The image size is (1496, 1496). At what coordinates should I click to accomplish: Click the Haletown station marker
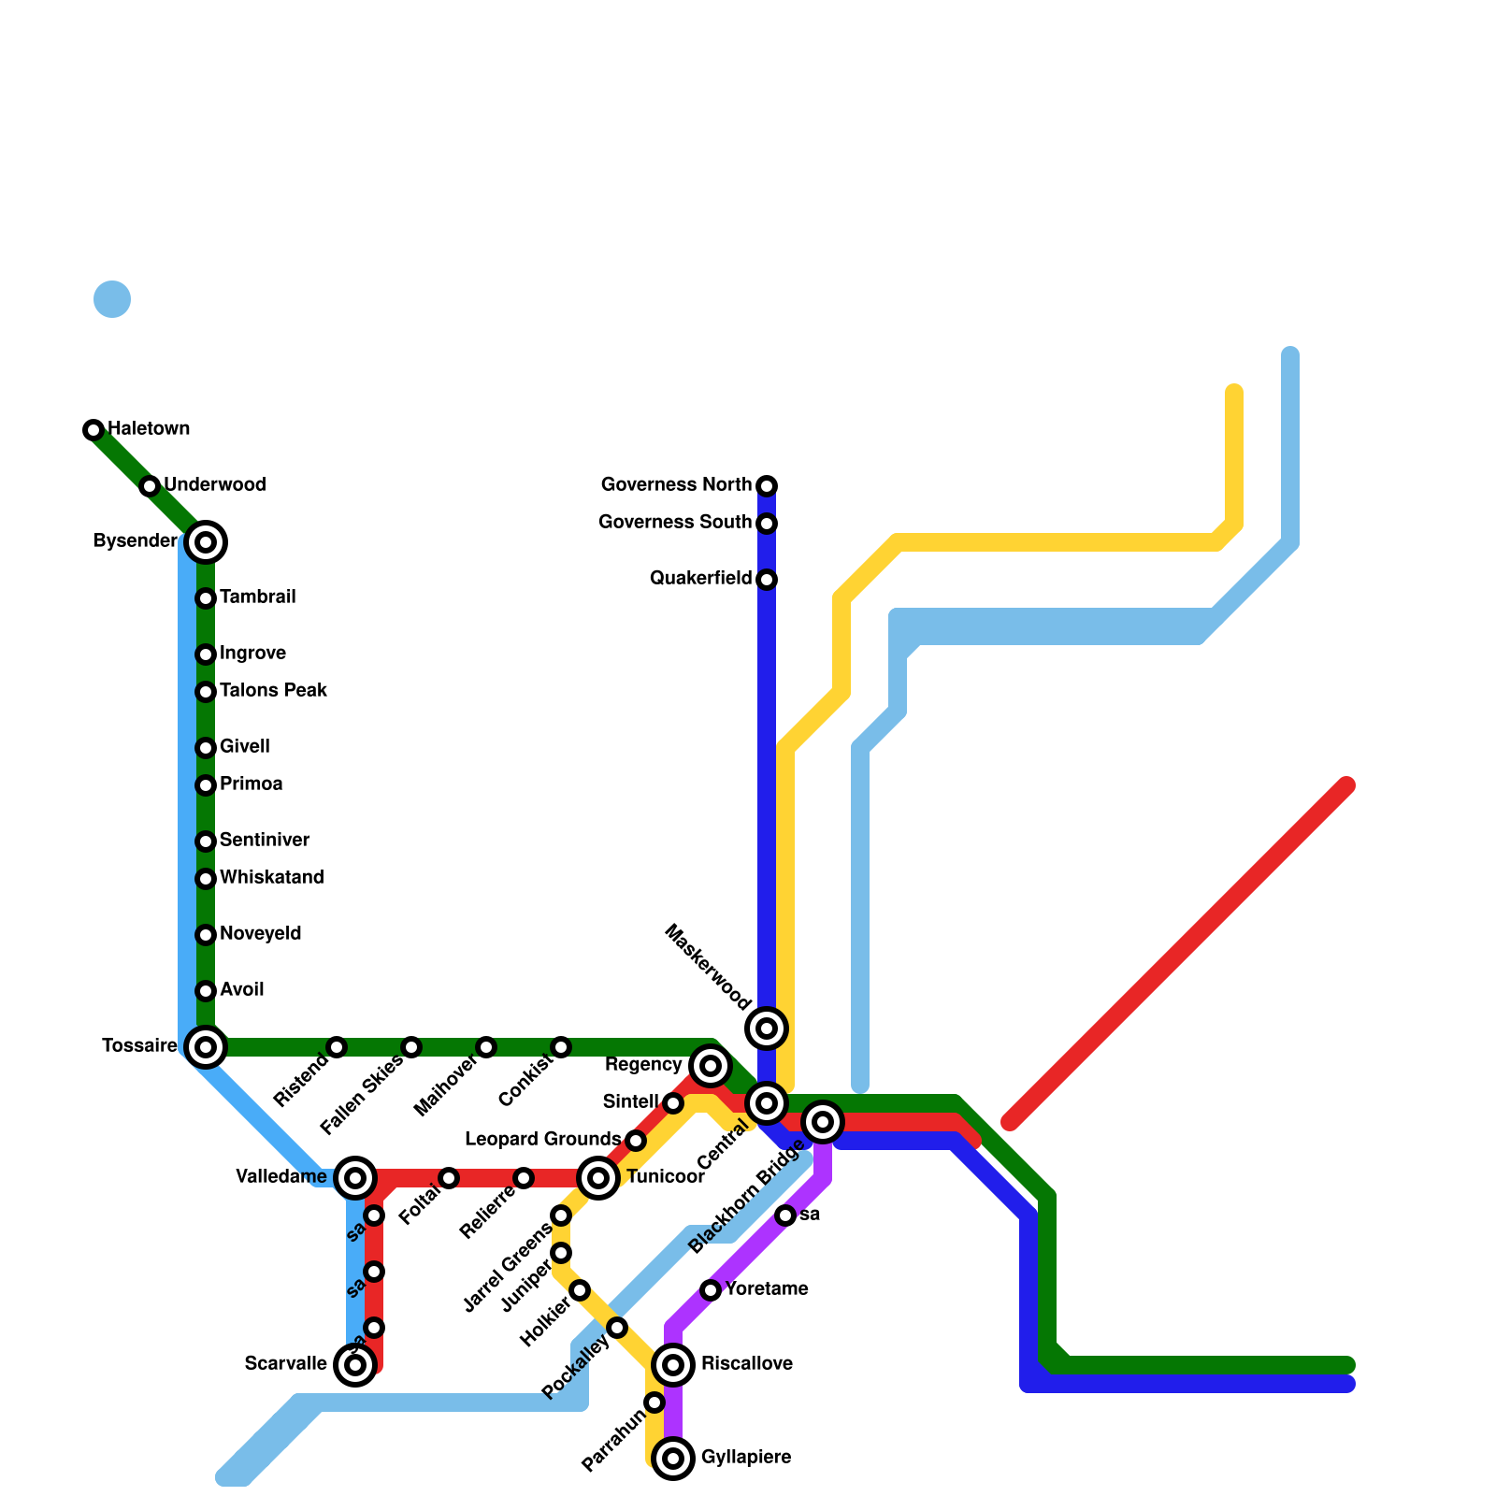tap(93, 430)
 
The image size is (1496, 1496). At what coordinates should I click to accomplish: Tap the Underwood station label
tap(215, 485)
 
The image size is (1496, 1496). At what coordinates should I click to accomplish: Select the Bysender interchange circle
tap(206, 542)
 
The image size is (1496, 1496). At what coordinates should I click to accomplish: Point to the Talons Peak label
tap(273, 691)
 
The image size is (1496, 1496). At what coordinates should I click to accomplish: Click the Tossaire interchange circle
tap(206, 1046)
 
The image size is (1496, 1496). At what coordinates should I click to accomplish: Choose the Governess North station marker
tap(767, 486)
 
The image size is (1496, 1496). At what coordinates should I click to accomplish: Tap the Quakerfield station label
tap(700, 579)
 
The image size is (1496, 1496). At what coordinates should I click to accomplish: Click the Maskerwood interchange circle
tap(767, 1028)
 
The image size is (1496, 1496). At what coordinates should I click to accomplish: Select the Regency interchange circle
tap(711, 1066)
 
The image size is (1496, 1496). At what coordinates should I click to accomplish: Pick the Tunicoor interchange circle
tap(598, 1178)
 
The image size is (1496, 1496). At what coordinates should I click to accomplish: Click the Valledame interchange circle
tap(355, 1178)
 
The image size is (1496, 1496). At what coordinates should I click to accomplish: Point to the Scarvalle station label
tap(285, 1364)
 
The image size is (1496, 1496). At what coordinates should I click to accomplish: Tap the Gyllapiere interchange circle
tap(673, 1459)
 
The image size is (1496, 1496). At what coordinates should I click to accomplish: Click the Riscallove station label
tap(747, 1364)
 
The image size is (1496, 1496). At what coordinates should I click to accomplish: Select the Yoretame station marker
tap(711, 1290)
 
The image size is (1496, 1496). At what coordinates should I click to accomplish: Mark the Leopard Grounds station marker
tap(636, 1141)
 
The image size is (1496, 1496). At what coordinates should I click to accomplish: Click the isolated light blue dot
tap(112, 299)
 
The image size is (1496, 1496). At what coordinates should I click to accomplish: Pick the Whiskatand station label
tap(271, 878)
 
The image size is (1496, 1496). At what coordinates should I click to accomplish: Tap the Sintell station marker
tap(673, 1103)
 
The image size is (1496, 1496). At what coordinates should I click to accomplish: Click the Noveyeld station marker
tap(206, 935)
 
